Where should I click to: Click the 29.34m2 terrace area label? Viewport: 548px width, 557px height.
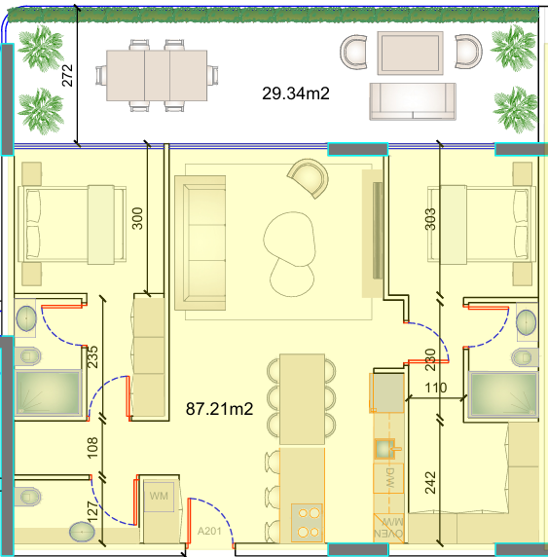[296, 93]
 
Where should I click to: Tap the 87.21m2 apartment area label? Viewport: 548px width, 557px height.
[219, 409]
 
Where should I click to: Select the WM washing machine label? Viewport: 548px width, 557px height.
[159, 496]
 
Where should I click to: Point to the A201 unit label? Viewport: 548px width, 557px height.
[209, 531]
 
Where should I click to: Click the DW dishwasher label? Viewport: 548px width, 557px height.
[389, 478]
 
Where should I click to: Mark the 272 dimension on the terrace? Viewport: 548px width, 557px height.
[67, 75]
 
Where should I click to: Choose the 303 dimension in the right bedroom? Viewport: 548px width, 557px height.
[429, 219]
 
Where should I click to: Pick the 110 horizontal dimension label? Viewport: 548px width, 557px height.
[436, 388]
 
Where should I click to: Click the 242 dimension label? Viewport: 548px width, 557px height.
[430, 482]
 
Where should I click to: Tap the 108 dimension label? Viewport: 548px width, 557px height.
[92, 448]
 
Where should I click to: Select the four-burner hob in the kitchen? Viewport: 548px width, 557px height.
[307, 523]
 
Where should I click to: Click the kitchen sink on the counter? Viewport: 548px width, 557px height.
[385, 449]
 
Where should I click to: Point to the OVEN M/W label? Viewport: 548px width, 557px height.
[389, 528]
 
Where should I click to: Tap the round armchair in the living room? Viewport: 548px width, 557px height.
[309, 177]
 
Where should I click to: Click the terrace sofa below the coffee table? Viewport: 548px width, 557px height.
[413, 101]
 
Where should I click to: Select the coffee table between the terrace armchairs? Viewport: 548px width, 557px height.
[410, 54]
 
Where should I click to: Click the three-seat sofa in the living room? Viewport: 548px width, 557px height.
[200, 242]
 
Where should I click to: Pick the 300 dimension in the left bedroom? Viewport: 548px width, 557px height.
[137, 218]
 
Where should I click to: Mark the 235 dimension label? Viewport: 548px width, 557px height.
[92, 356]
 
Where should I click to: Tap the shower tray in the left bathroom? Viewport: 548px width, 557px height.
[48, 392]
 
